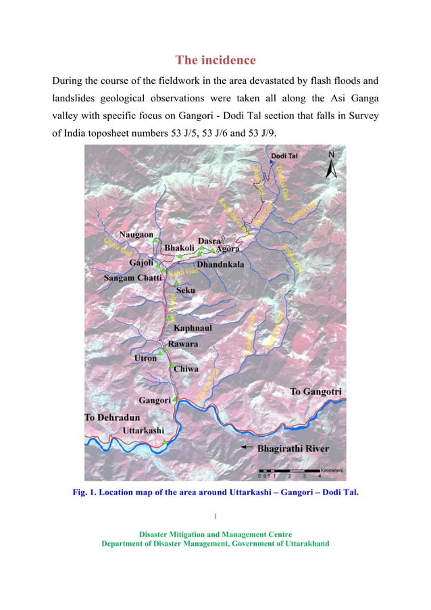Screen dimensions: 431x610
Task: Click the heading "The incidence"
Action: point(215,60)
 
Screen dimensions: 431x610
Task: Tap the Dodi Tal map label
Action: point(284,156)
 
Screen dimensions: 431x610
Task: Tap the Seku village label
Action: point(185,290)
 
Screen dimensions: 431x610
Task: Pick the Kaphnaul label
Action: point(193,328)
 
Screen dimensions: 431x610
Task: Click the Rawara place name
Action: point(183,344)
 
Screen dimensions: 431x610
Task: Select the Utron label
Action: point(145,358)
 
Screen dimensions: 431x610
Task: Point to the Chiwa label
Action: point(186,369)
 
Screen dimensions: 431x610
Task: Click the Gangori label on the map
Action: point(155,400)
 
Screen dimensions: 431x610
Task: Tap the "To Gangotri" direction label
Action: point(315,392)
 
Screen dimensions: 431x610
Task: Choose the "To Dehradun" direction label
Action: point(112,418)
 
